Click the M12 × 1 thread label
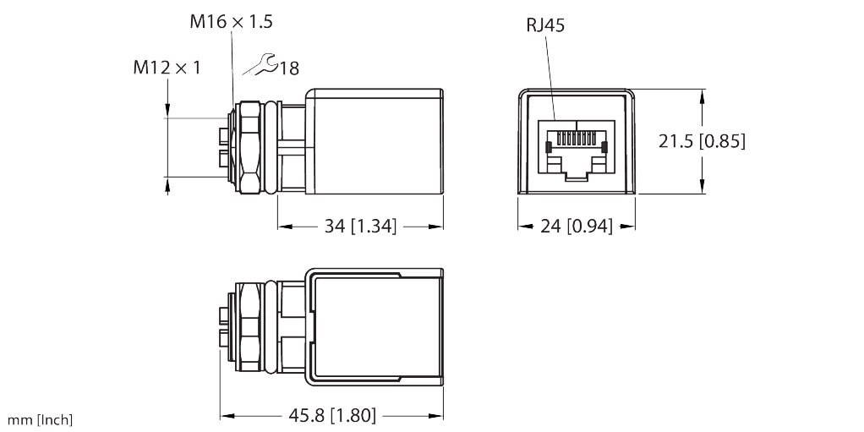(x=167, y=67)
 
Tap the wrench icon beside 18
(x=262, y=65)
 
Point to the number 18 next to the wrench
(x=289, y=68)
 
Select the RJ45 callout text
(x=545, y=25)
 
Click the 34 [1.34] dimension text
(x=361, y=227)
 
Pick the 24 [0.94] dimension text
(x=577, y=227)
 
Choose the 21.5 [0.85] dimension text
(x=702, y=141)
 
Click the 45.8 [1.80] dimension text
(x=331, y=415)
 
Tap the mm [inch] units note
(x=41, y=420)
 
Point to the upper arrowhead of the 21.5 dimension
(x=703, y=96)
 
